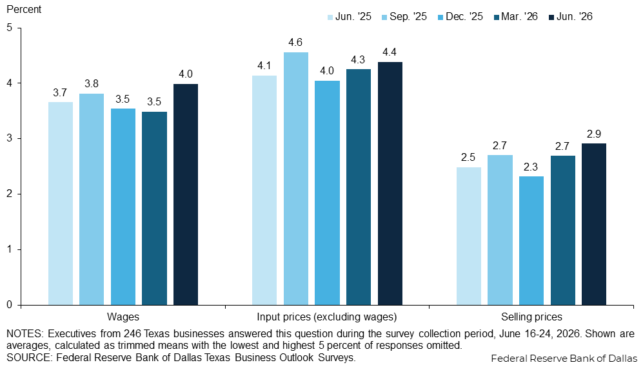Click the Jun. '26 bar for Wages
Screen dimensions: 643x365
pyautogui.click(x=185, y=194)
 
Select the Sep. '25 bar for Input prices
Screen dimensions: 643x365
pyautogui.click(x=295, y=178)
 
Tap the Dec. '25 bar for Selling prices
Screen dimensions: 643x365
pyautogui.click(x=531, y=240)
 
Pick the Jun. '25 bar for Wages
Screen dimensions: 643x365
pyautogui.click(x=60, y=203)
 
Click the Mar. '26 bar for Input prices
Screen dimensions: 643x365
pyautogui.click(x=359, y=187)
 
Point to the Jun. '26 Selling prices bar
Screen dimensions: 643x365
pyautogui.click(x=594, y=224)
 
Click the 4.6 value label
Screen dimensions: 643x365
pyautogui.click(x=295, y=42)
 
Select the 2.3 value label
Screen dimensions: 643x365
pyautogui.click(x=531, y=167)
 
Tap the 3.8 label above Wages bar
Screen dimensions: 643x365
pyautogui.click(x=92, y=84)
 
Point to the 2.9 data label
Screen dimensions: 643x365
pyautogui.click(x=594, y=134)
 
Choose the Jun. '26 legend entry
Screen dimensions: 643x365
pyautogui.click(x=571, y=16)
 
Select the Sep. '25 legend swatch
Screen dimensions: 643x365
pyautogui.click(x=385, y=17)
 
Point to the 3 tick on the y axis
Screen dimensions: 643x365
pyautogui.click(x=10, y=139)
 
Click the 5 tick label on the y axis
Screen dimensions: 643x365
pyautogui.click(x=10, y=28)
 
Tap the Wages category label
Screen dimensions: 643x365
pyautogui.click(x=123, y=317)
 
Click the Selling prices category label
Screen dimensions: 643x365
pyautogui.click(x=531, y=317)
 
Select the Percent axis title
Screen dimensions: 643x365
pyautogui.click(x=24, y=9)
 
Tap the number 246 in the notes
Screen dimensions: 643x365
pyautogui.click(x=132, y=333)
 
